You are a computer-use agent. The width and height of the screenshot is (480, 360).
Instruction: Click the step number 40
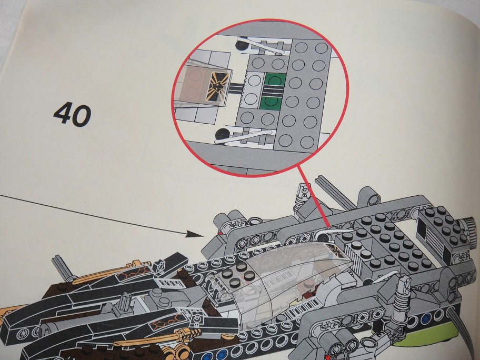tap(72, 115)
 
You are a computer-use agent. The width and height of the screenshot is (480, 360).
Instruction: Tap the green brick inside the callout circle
tap(274, 92)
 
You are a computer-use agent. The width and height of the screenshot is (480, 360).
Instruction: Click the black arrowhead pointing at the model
tap(194, 234)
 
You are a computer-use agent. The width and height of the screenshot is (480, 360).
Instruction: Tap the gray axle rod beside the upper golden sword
tap(60, 268)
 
